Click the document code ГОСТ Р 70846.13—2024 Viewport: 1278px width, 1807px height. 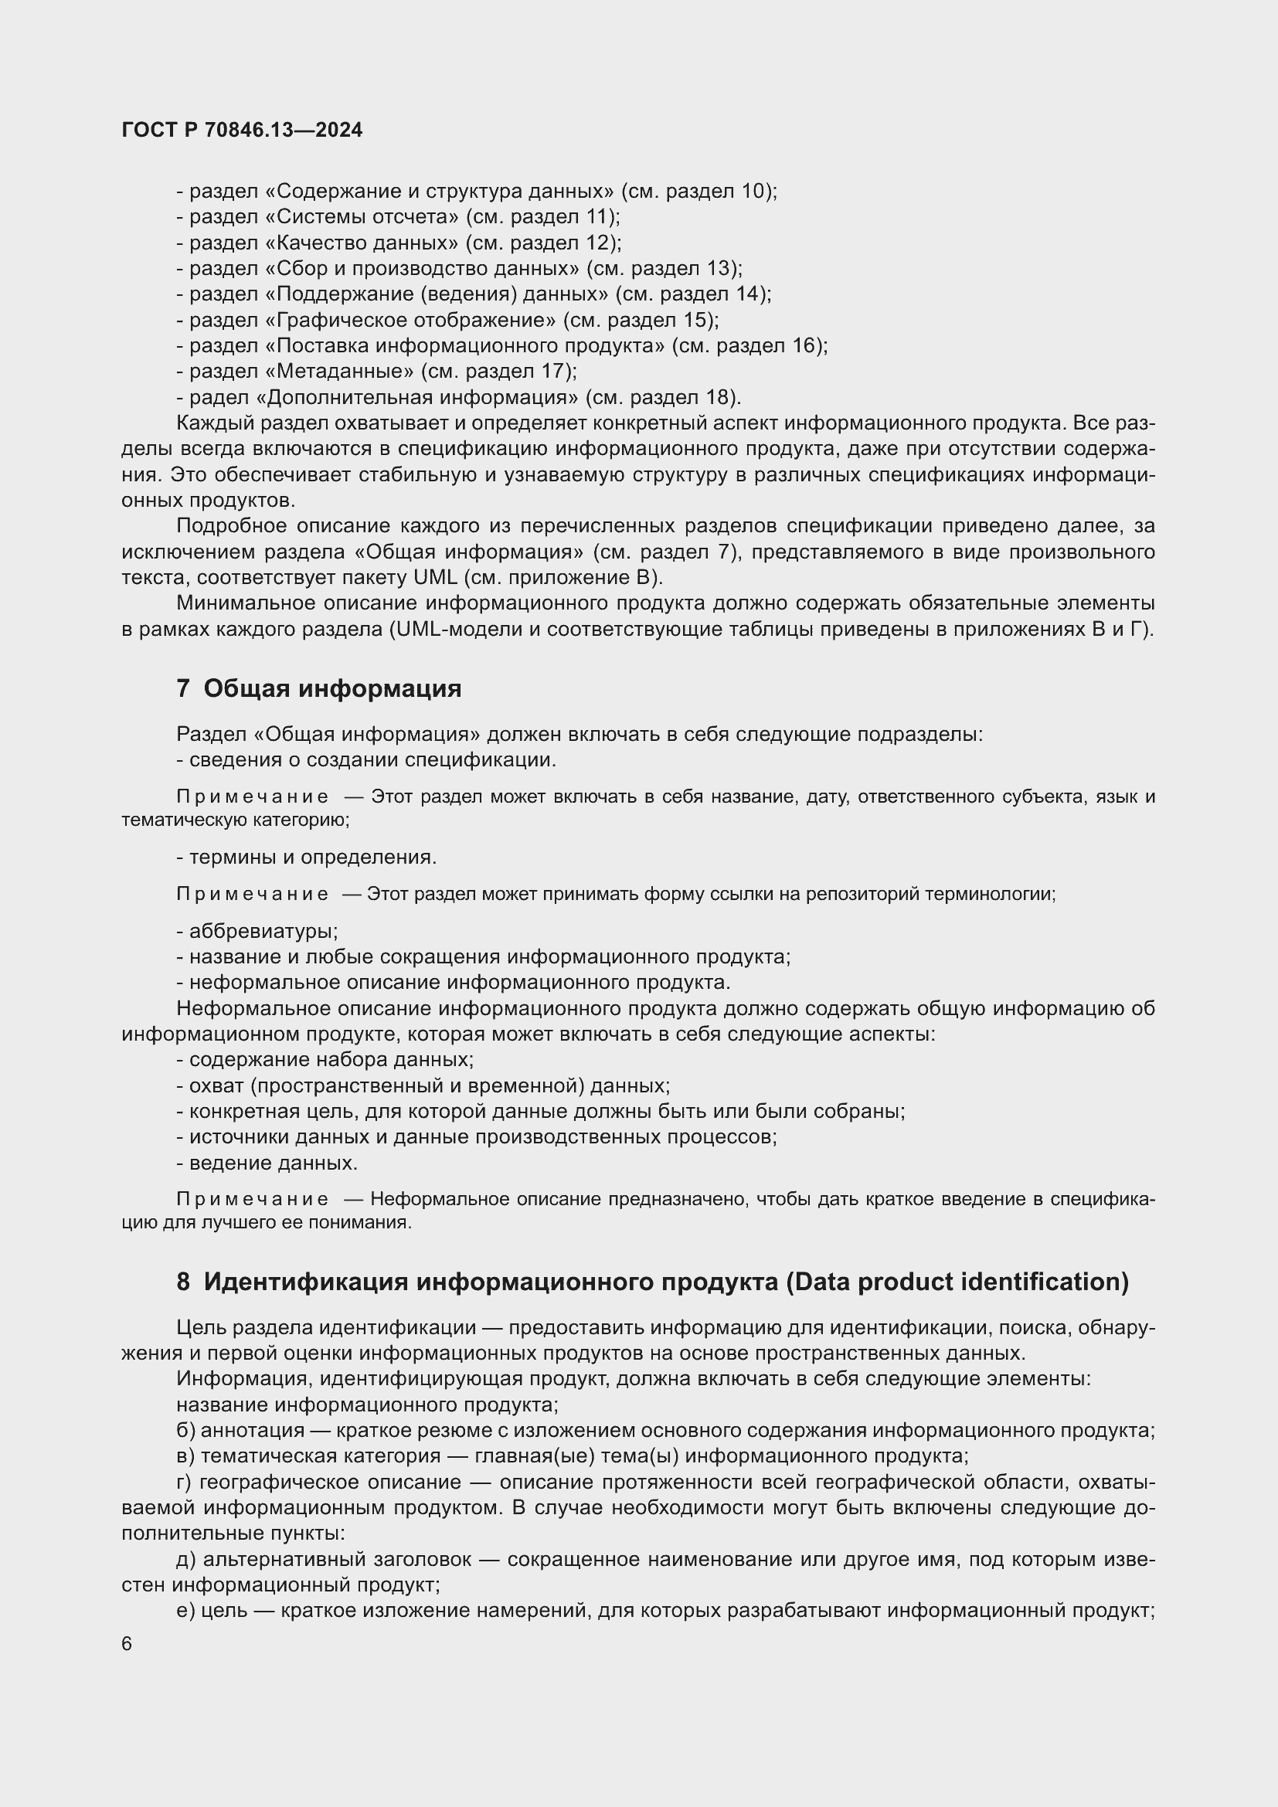click(x=243, y=131)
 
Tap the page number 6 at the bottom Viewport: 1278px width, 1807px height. click(x=127, y=1644)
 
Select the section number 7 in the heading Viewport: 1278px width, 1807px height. click(x=182, y=688)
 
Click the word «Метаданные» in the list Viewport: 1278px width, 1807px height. click(x=340, y=371)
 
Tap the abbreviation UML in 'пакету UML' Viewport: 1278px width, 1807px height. click(x=434, y=577)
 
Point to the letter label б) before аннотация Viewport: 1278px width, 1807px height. click(x=185, y=1431)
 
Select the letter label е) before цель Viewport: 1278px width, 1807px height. click(x=185, y=1611)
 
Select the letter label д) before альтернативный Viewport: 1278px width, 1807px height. click(x=185, y=1559)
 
